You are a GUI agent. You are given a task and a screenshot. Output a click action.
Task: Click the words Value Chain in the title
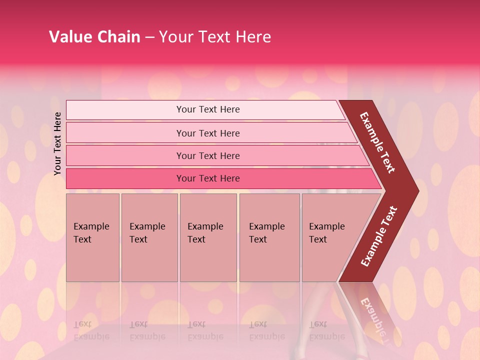point(94,37)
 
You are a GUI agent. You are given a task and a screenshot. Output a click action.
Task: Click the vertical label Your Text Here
point(57,143)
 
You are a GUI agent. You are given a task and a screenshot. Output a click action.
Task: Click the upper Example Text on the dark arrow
point(377,142)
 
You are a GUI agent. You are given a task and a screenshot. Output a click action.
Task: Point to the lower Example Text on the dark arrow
point(378,236)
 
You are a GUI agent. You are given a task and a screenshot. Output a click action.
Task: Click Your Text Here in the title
point(215,37)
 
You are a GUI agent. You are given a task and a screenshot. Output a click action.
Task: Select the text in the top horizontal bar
point(208,109)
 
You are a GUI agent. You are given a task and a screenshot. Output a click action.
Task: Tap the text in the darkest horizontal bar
point(208,178)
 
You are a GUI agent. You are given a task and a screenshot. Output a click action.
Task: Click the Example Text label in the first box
point(91,233)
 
